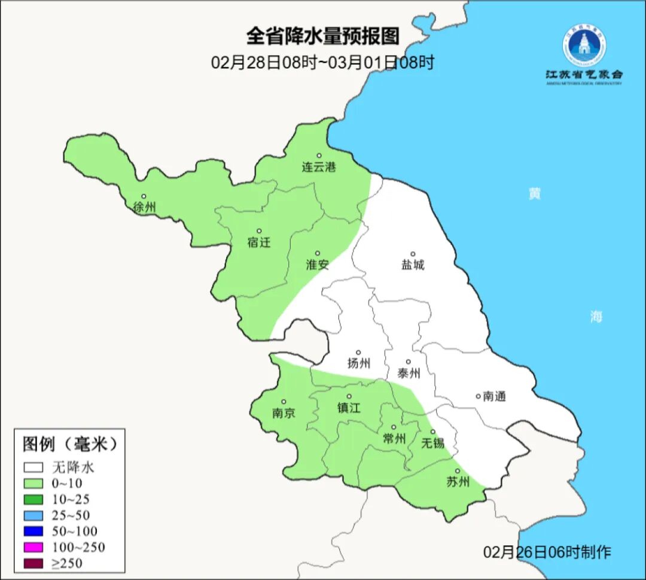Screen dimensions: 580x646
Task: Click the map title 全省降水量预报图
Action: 322,37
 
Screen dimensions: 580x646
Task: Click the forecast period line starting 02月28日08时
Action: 322,62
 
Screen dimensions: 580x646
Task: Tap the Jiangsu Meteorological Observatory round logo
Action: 584,45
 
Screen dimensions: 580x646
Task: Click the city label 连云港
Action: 319,167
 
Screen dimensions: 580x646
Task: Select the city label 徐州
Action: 145,208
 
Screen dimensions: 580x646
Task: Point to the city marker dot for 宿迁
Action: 259,231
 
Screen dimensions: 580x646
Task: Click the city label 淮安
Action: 317,265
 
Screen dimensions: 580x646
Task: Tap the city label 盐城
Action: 412,265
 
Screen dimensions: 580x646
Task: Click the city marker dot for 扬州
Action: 358,353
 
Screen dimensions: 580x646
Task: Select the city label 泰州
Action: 409,373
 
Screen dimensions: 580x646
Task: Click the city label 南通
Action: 494,396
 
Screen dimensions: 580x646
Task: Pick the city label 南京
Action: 283,414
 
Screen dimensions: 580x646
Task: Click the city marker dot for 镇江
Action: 349,396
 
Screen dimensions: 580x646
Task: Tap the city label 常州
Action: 394,439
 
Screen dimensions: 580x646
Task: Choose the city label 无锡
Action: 432,443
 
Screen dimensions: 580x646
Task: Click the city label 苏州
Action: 458,482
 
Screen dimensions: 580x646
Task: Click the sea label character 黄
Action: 534,194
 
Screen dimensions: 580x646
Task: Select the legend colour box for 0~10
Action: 33,483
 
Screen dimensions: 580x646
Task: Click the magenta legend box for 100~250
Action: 33,547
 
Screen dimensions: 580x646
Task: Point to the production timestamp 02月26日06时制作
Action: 547,551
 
